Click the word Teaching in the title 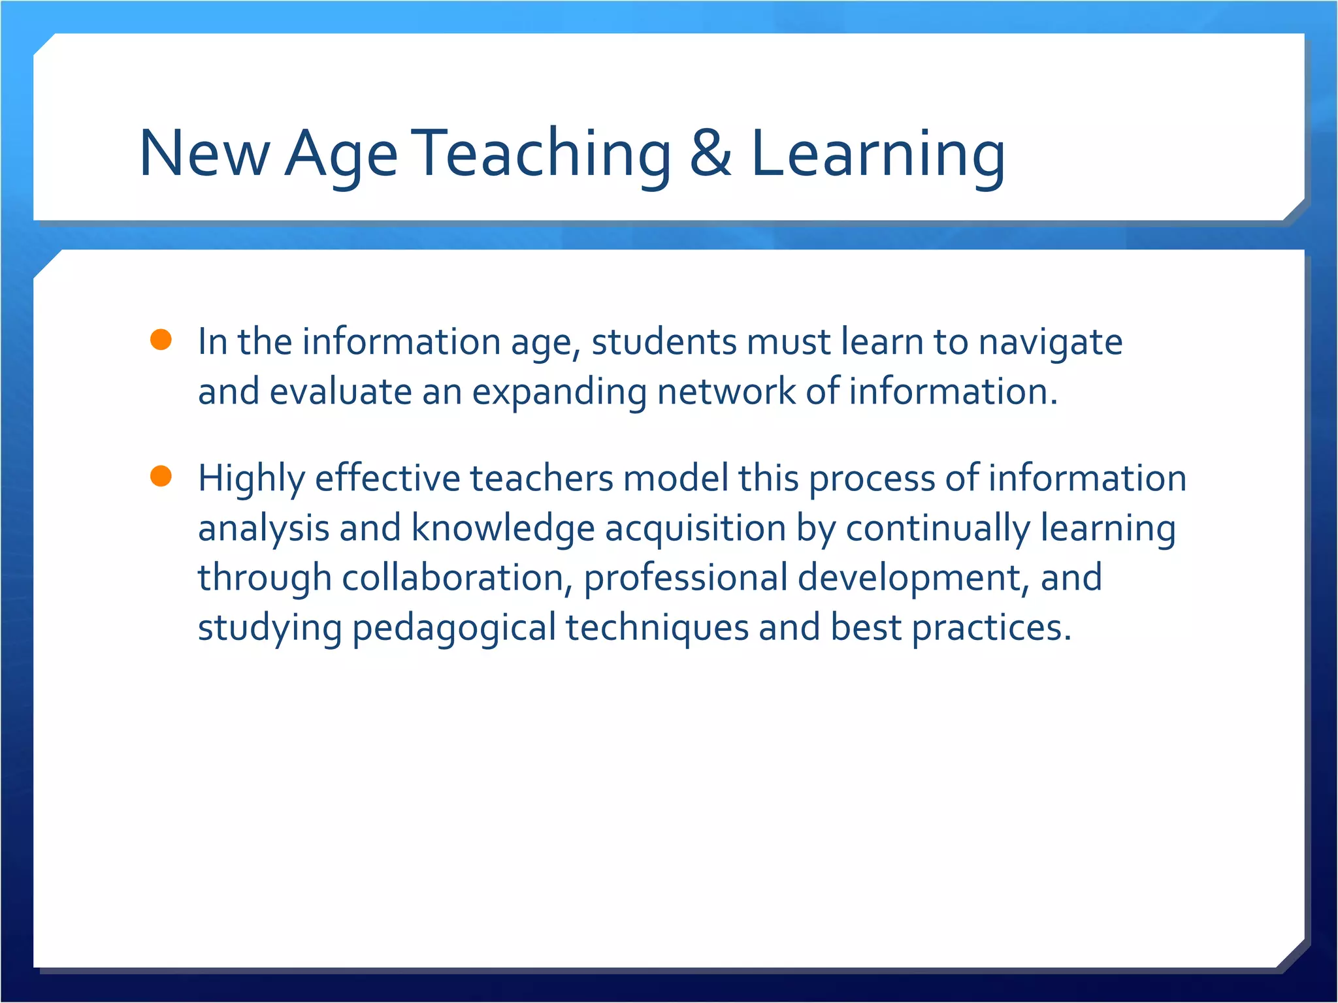544,154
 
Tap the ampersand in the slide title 711,154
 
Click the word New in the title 204,154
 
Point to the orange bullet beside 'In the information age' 161,340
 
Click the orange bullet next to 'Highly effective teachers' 161,476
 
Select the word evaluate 340,392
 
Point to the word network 726,392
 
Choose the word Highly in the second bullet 252,479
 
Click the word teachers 542,478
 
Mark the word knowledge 502,529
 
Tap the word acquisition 695,529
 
